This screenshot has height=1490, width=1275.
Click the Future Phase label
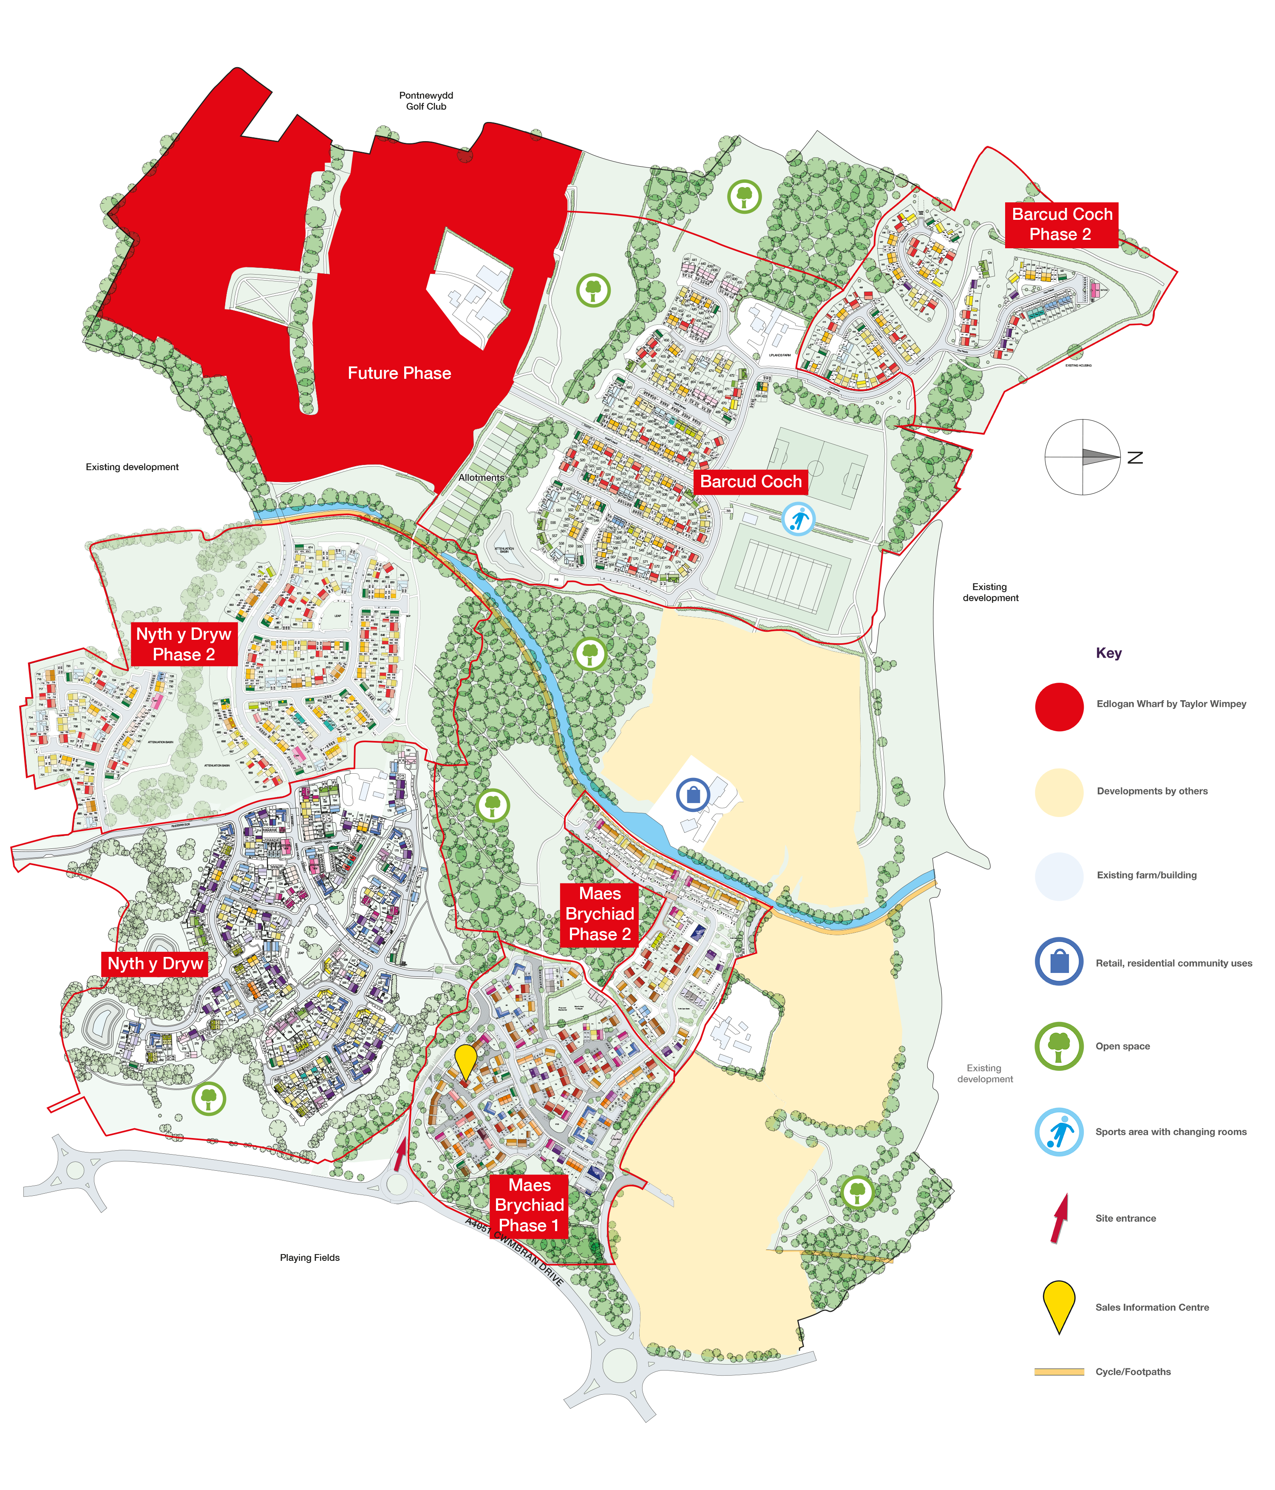coord(399,373)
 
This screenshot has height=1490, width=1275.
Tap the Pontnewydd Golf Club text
coord(426,101)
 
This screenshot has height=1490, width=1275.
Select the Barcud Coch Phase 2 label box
coord(1061,224)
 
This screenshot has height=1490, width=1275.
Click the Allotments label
coord(481,477)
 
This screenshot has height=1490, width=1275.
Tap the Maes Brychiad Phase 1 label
coord(529,1205)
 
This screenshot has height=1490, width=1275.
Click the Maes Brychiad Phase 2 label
coord(600,914)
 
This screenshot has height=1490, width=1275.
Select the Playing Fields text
coord(309,1258)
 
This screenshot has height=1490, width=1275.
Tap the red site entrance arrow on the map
coord(400,1155)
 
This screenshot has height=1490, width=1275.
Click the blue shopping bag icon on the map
coord(693,795)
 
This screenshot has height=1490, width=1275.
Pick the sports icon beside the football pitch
coord(798,519)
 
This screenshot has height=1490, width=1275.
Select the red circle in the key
coord(1059,707)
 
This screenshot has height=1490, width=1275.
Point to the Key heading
coord(1108,653)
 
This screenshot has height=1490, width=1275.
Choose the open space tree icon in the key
coord(1059,1046)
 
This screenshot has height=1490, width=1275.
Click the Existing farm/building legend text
coord(1146,875)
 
